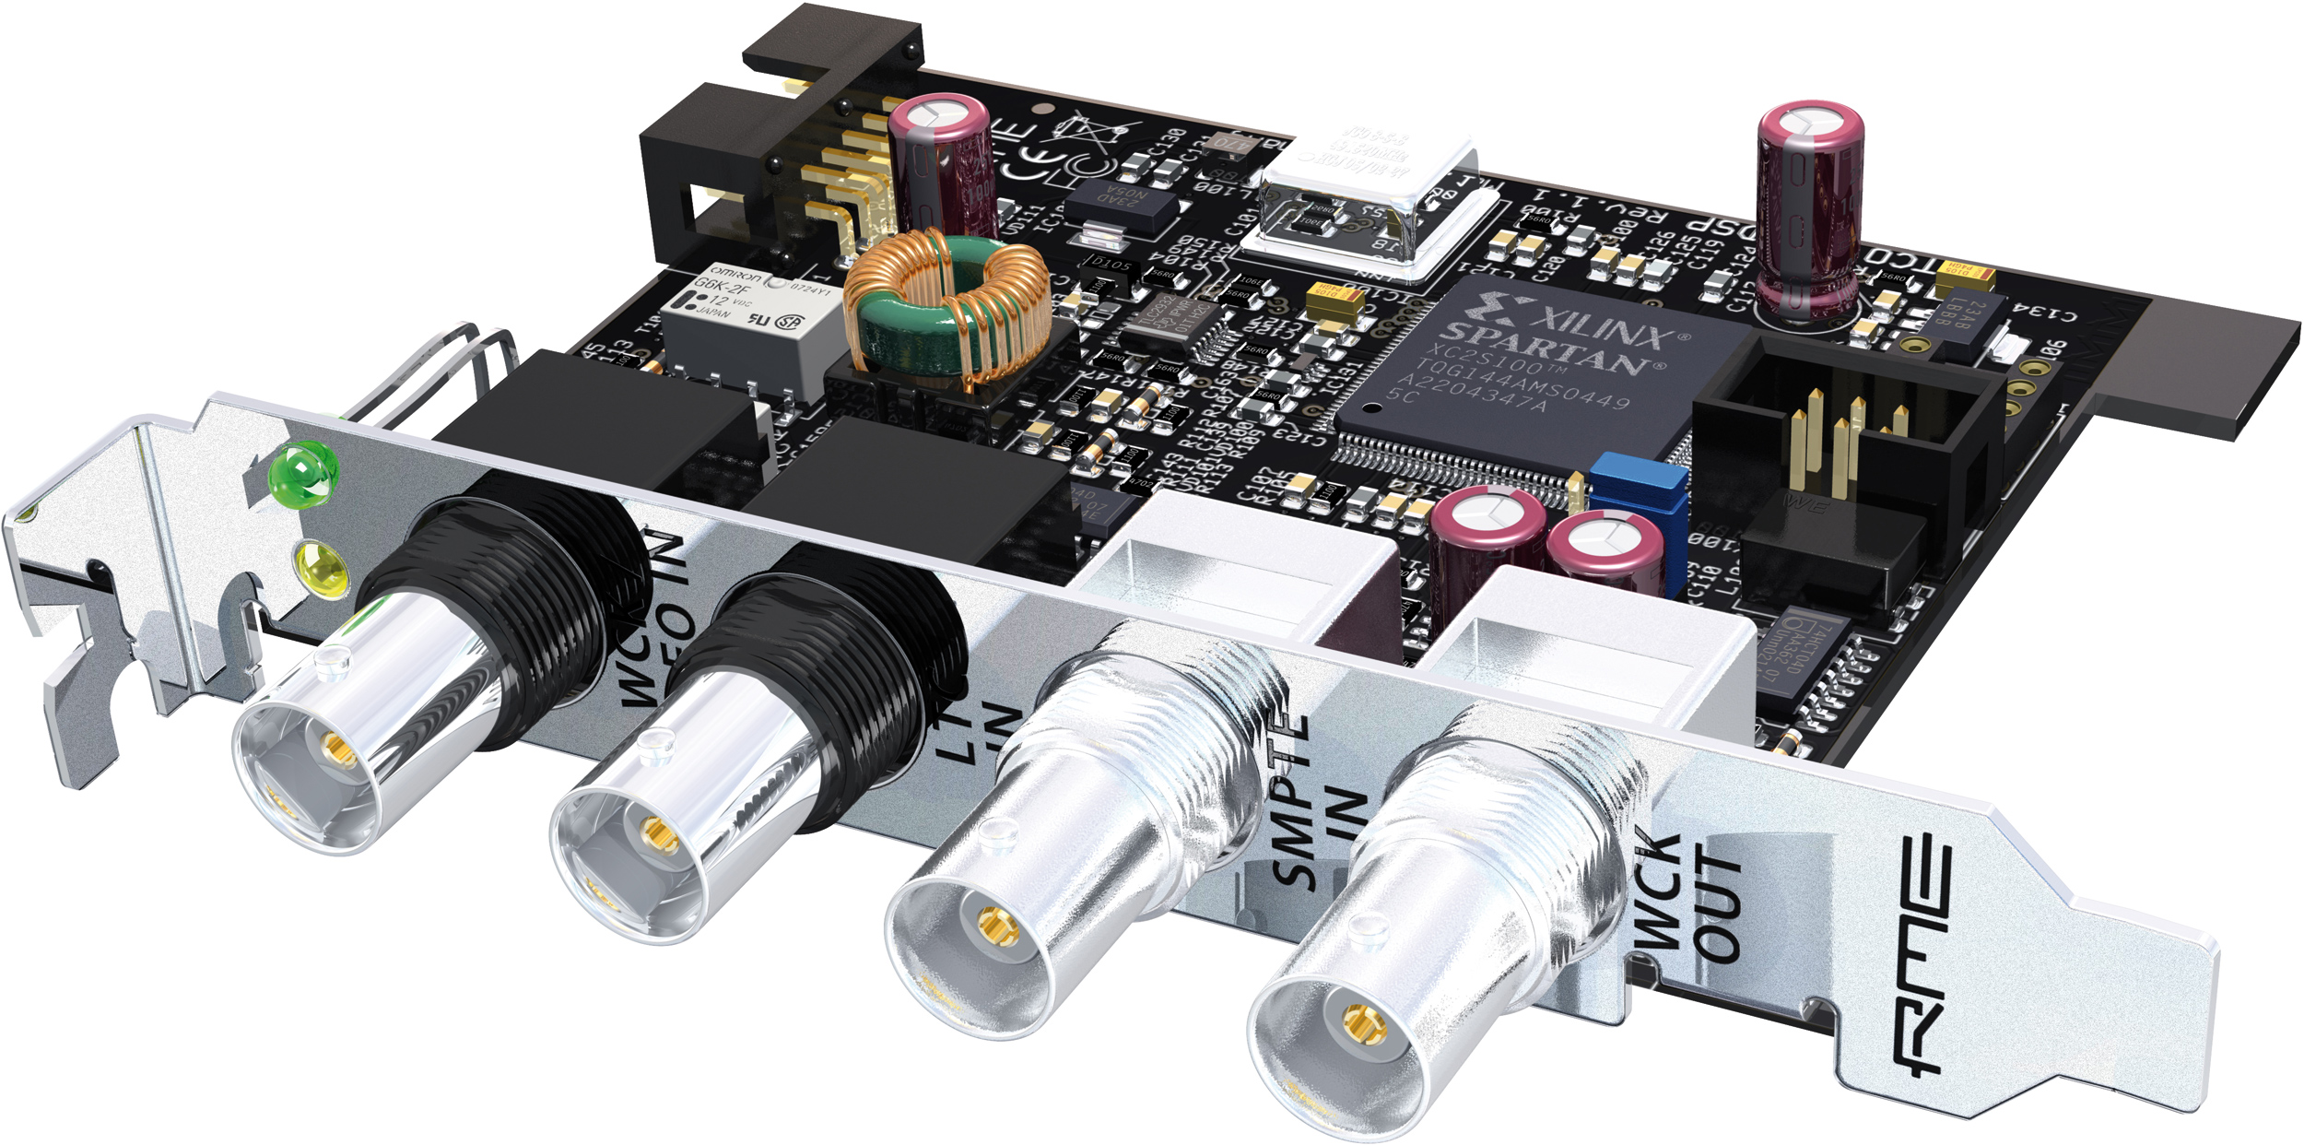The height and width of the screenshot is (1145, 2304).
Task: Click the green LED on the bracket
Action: (302, 473)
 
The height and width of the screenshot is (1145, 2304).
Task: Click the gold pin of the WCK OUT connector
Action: (1363, 1022)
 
